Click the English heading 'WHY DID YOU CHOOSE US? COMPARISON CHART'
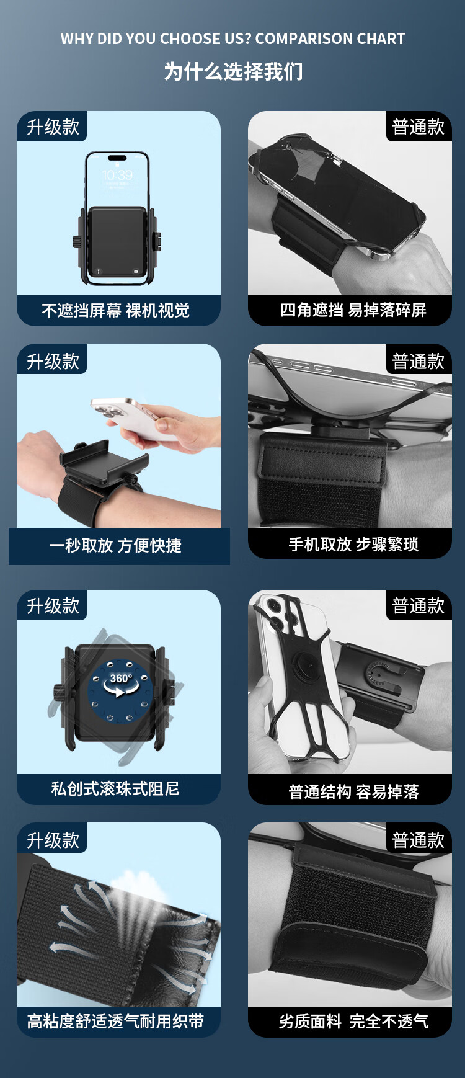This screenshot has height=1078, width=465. coord(232,38)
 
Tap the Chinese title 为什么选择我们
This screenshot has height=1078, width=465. coord(233,71)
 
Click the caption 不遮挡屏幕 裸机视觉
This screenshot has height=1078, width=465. coord(116,310)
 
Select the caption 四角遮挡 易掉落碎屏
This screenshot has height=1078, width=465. coord(353,310)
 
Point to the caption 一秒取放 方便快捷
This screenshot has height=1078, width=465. coord(115,545)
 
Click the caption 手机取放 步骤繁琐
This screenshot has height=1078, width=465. coord(353,544)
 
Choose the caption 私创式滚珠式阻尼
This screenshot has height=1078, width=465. coord(115,788)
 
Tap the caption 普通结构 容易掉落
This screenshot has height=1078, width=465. coord(353,791)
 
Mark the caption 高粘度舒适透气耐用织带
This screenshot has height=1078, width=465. coord(116,1021)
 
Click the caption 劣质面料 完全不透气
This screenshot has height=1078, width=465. coord(353,1021)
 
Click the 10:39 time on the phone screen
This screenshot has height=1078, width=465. coord(117,175)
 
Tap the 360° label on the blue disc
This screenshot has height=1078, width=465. coord(121,679)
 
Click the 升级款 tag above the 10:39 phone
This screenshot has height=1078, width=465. coord(53,127)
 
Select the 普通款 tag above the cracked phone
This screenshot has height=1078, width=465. coord(418,127)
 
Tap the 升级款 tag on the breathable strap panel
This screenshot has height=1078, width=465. coord(53,840)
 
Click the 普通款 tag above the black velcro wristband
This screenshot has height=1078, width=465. coord(418,840)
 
